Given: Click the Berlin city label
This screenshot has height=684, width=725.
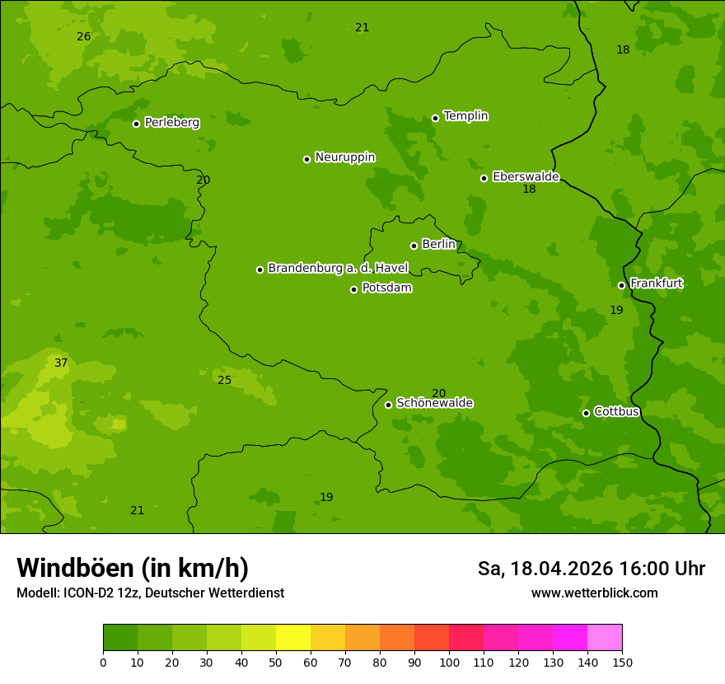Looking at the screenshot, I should (438, 245).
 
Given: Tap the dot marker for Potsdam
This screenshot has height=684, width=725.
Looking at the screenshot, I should (354, 289).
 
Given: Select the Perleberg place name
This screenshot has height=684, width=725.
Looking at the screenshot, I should (172, 123).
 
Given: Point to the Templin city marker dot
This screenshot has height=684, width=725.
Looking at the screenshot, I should (436, 118).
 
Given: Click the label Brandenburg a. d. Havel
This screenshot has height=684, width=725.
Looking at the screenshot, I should (338, 268).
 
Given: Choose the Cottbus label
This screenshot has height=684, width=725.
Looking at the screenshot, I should (616, 411).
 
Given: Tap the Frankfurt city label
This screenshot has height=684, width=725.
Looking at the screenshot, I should (656, 283).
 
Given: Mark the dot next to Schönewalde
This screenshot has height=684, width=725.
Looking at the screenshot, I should (389, 405).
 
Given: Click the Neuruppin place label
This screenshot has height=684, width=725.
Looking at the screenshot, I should (344, 157).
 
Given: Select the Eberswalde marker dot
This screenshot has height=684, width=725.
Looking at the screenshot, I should (484, 178).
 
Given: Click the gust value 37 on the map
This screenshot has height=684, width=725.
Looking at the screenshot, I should (61, 363).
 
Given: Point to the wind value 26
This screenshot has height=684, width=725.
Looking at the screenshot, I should (84, 37).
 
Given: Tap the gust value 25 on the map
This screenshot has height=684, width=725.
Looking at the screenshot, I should (225, 380).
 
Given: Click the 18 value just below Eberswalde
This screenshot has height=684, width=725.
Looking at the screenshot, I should (529, 190).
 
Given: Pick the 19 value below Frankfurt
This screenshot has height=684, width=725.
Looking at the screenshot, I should (616, 311).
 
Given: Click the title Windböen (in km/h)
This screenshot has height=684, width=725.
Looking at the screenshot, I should (133, 568).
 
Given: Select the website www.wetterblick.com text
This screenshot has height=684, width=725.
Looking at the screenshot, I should (594, 593).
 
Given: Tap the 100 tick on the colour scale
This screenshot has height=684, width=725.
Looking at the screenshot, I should (449, 662).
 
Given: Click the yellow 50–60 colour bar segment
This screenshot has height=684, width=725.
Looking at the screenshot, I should (293, 638).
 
